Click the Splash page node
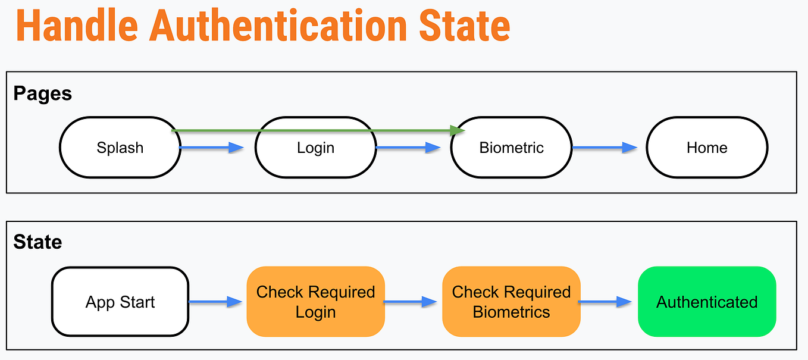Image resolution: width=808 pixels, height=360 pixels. [120, 148]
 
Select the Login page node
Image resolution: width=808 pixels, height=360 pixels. [315, 148]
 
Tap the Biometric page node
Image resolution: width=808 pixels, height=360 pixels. [511, 148]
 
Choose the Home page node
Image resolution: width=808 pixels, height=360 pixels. [707, 148]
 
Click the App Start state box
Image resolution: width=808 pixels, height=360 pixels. [120, 302]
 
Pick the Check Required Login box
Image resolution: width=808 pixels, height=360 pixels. [315, 302]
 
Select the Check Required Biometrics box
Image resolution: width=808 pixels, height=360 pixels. [511, 302]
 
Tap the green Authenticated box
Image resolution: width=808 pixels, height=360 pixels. [707, 302]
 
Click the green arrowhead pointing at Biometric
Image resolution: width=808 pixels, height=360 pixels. [457, 130]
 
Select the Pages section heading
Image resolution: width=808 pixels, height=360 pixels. [43, 93]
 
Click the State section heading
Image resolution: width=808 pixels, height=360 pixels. [37, 242]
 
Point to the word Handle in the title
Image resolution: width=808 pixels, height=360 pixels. [77, 25]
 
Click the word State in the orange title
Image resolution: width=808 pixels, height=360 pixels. [464, 25]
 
